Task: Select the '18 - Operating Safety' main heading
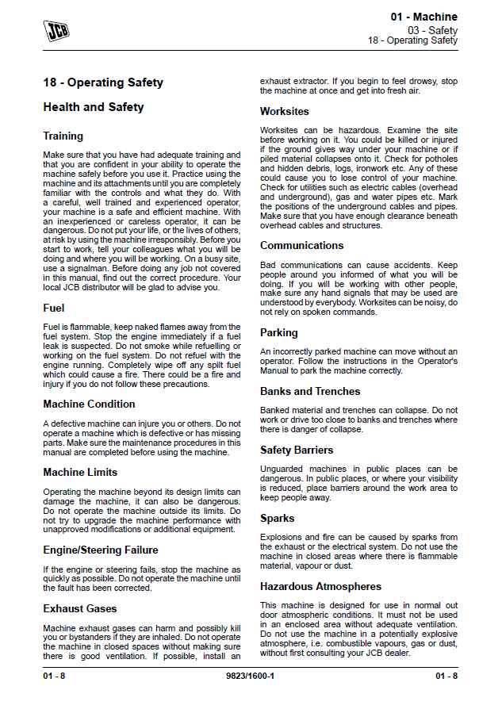(103, 82)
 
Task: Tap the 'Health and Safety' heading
(94, 107)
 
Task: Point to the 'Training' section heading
(63, 136)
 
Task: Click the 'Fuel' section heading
(54, 308)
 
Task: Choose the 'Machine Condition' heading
(89, 404)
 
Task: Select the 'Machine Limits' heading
(80, 473)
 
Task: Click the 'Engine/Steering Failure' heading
(101, 550)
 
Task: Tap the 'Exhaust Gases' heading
(80, 609)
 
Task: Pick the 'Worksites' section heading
(285, 112)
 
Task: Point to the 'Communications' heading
(302, 246)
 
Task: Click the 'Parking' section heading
(279, 333)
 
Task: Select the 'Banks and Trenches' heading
(310, 392)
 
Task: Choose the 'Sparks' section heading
(278, 519)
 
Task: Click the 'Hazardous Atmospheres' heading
(320, 587)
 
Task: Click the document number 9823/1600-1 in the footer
(251, 676)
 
